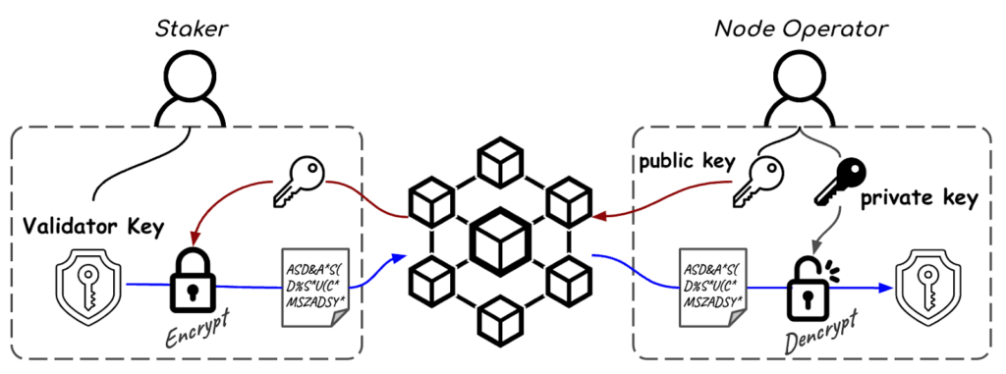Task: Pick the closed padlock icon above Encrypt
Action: pos(193,279)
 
